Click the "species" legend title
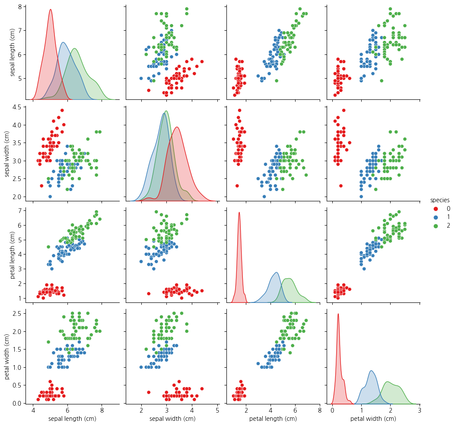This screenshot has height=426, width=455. click(440, 200)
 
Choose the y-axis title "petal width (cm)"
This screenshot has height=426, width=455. click(7, 356)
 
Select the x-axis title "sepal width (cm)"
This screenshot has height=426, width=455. click(172, 419)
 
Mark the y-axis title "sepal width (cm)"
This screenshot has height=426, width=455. click(7, 153)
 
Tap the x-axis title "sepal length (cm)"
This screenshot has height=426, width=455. click(72, 419)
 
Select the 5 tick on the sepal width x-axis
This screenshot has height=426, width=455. click(217, 410)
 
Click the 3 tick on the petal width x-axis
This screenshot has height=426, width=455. click(420, 410)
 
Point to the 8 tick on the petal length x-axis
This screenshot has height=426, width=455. click(320, 410)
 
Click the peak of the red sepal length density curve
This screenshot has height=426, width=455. click(51, 10)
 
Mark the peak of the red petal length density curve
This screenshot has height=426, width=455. click(239, 212)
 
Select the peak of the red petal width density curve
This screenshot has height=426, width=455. click(338, 314)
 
